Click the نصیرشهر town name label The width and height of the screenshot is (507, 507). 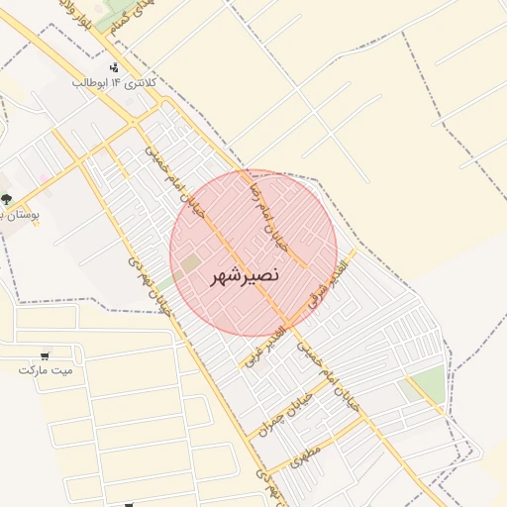tap(246, 277)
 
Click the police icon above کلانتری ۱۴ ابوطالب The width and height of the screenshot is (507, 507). tap(115, 67)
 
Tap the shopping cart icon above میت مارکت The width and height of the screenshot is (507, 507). tap(46, 355)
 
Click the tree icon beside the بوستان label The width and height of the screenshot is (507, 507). tap(6, 199)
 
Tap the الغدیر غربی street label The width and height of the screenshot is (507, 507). tap(264, 345)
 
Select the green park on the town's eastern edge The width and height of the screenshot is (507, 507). tap(428, 384)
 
